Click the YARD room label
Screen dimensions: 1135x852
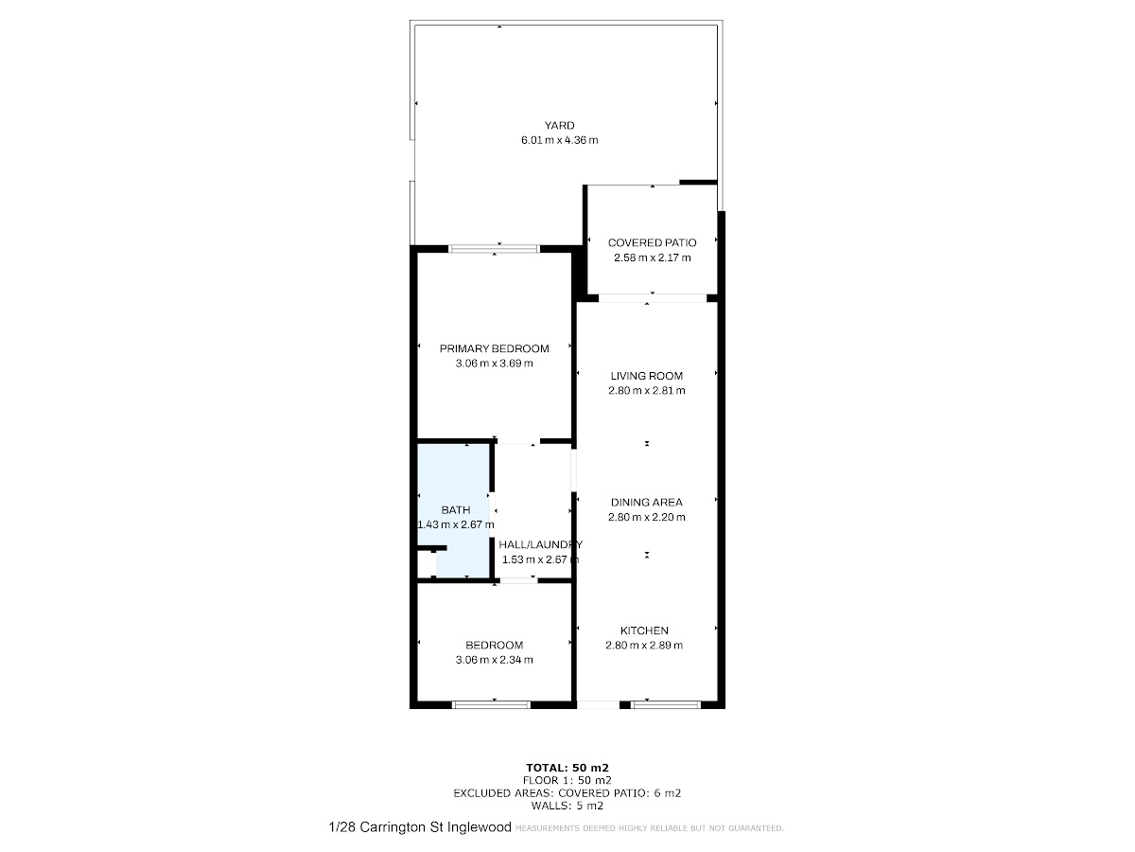[x=559, y=125]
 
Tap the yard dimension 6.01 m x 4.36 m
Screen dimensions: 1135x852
[x=560, y=140]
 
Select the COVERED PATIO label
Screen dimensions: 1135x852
[x=652, y=242]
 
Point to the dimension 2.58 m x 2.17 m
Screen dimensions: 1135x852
[x=652, y=257]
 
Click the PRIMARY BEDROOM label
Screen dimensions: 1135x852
[x=495, y=348]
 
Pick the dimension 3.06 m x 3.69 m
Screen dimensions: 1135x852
[x=495, y=364]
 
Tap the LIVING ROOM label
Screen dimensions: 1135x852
[x=646, y=376]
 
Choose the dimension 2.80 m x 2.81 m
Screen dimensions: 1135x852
[x=646, y=391]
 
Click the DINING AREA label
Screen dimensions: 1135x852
[x=646, y=503]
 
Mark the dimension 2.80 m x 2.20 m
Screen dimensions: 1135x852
[x=646, y=517]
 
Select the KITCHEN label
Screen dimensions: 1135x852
[x=644, y=630]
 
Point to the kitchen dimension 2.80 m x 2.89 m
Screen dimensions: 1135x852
[x=644, y=645]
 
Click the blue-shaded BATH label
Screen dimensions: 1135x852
[x=456, y=510]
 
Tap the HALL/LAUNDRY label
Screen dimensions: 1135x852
[x=540, y=544]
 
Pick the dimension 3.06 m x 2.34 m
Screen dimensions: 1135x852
[x=495, y=660]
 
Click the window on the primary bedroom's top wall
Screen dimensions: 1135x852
[x=494, y=249]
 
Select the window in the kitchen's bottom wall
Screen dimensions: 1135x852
[x=666, y=704]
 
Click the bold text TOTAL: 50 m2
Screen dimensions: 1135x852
[x=567, y=768]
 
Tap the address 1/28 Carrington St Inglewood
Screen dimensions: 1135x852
[x=420, y=827]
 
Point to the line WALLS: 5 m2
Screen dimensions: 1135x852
[x=567, y=806]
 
